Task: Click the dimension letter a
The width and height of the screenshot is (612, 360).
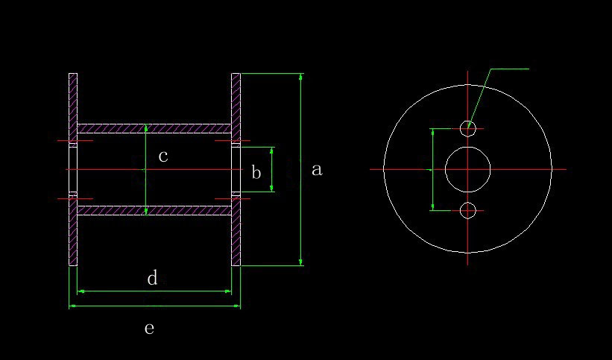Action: (x=317, y=170)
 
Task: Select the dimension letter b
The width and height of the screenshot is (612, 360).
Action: (x=256, y=173)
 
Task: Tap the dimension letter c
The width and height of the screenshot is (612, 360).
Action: (x=163, y=157)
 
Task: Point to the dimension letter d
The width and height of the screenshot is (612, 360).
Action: (x=152, y=279)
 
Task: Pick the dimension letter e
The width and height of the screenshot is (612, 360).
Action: (x=149, y=328)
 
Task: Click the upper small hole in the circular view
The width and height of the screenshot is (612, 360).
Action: (x=467, y=128)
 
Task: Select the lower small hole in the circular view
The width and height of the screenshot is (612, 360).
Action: (x=467, y=210)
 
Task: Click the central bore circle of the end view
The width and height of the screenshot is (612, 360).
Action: (x=467, y=169)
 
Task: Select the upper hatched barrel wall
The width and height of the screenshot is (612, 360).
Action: (x=154, y=128)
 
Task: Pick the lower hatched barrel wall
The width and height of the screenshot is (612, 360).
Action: (x=154, y=210)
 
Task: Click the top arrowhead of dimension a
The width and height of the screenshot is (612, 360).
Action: (x=300, y=76)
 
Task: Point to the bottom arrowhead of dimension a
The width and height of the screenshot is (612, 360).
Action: (x=300, y=262)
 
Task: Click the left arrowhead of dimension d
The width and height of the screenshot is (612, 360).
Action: (x=80, y=291)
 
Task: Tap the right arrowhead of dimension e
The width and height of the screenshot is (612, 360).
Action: (x=238, y=306)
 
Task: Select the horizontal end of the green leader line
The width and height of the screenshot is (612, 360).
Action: (x=528, y=69)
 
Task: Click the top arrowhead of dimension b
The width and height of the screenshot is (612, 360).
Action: (x=271, y=150)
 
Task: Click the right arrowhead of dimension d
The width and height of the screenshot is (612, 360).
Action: (x=229, y=291)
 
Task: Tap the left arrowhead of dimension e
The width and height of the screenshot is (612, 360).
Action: (x=72, y=306)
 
